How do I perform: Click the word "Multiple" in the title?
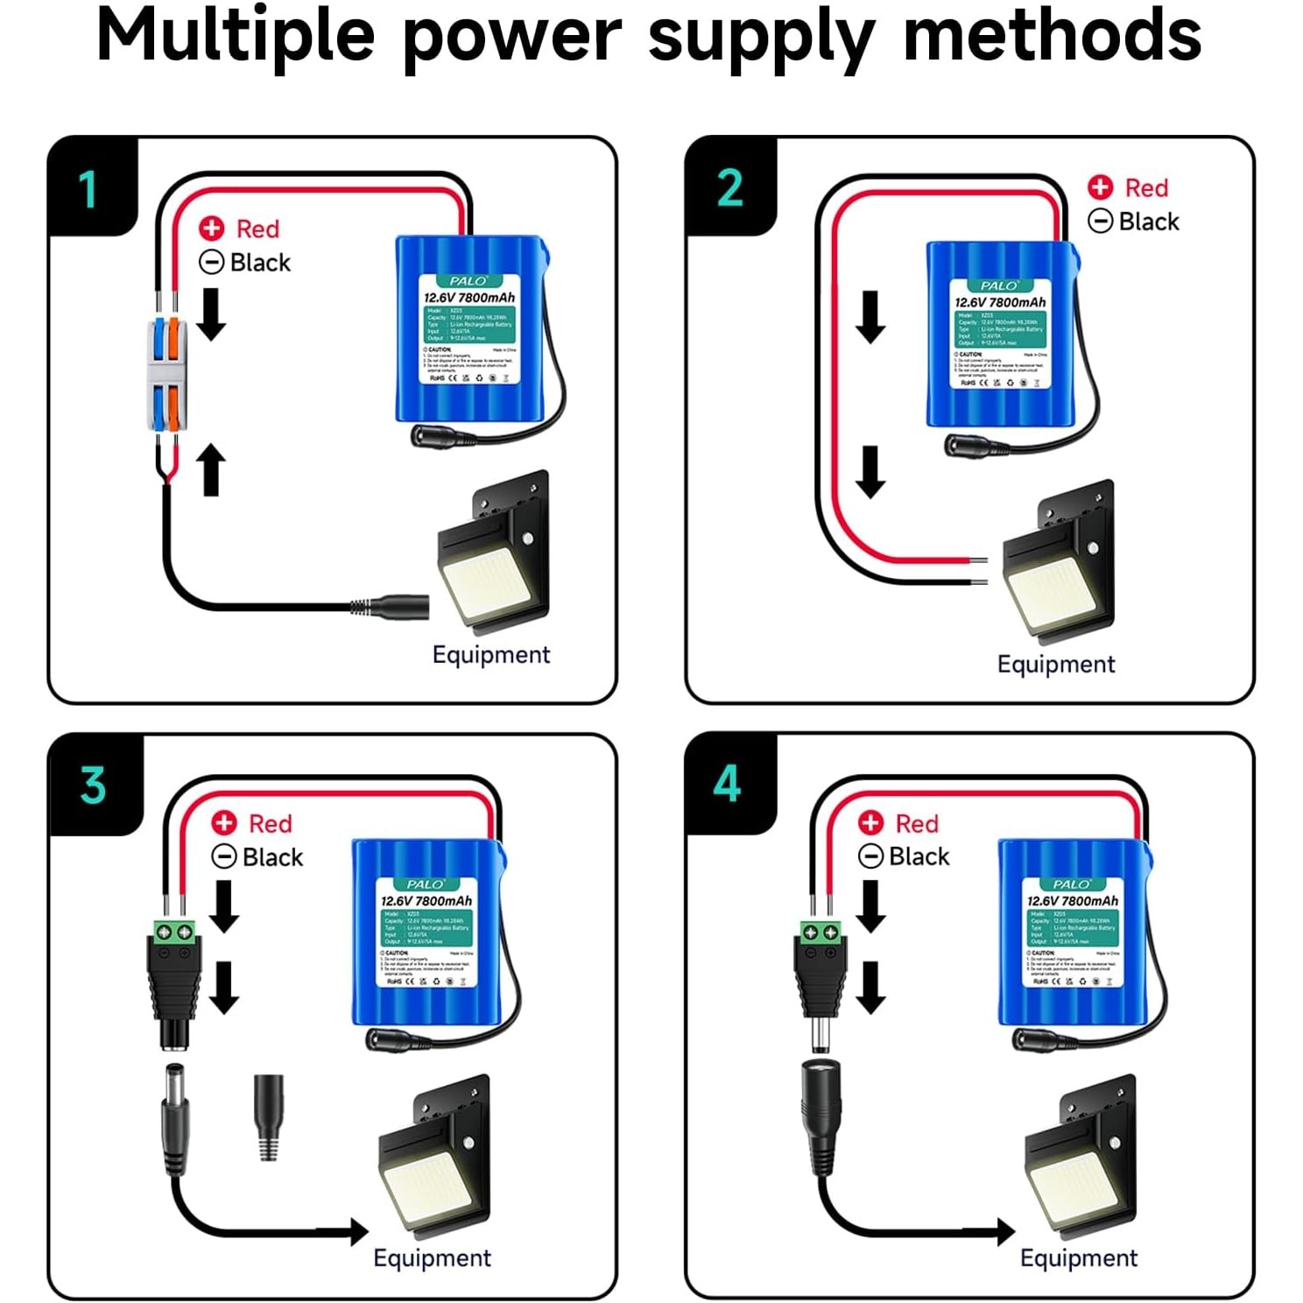pyautogui.click(x=236, y=37)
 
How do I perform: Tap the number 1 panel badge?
pyautogui.click(x=88, y=189)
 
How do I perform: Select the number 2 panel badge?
pyautogui.click(x=729, y=188)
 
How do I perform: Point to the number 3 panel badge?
pyautogui.click(x=93, y=785)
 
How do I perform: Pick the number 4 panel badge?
pyautogui.click(x=727, y=784)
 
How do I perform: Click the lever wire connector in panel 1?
pyautogui.click(x=166, y=374)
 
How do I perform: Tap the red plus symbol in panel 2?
pyautogui.click(x=1100, y=187)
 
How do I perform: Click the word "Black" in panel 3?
pyautogui.click(x=272, y=857)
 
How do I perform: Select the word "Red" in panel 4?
pyautogui.click(x=917, y=824)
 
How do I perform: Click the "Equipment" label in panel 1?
pyautogui.click(x=491, y=655)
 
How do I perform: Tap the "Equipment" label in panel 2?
pyautogui.click(x=1056, y=665)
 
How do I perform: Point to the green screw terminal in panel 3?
pyautogui.click(x=174, y=931)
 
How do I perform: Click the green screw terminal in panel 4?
pyautogui.click(x=821, y=932)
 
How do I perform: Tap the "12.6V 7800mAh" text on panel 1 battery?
pyautogui.click(x=469, y=298)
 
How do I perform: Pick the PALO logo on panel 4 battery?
pyautogui.click(x=1072, y=884)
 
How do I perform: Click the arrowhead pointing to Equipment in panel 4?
pyautogui.click(x=1006, y=1232)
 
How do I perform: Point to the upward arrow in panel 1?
pyautogui.click(x=211, y=469)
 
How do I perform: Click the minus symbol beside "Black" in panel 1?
pyautogui.click(x=211, y=262)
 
